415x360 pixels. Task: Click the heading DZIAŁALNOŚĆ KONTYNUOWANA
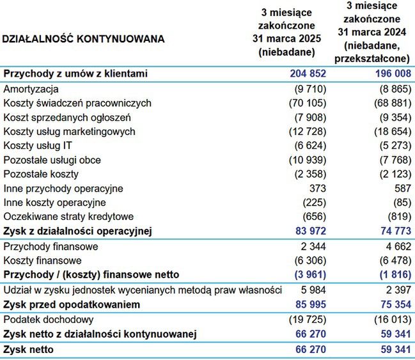(83, 39)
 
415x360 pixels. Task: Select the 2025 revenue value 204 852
(304, 74)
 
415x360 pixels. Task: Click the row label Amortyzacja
(31, 89)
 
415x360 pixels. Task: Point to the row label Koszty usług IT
(39, 146)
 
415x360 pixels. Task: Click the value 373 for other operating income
(318, 189)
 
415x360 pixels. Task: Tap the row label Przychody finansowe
(51, 246)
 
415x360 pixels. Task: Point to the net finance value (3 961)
(306, 274)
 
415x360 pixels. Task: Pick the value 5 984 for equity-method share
(313, 290)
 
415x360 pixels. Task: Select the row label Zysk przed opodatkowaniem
(72, 305)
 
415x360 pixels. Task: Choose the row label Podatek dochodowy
(49, 319)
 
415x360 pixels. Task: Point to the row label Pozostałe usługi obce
(52, 160)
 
